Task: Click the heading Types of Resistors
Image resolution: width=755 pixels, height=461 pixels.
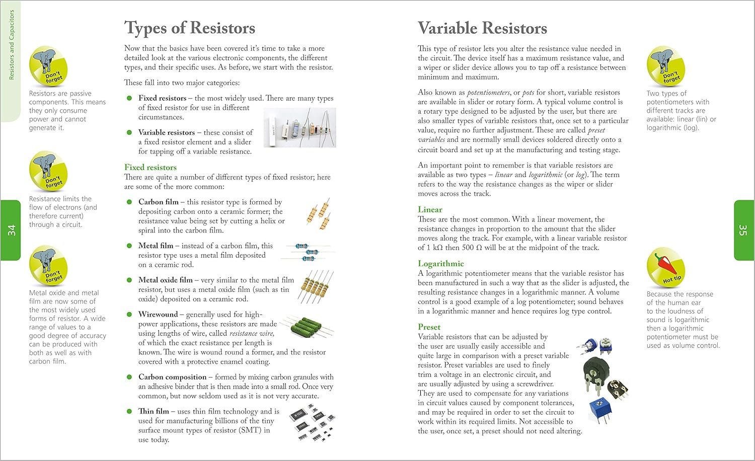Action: [190, 28]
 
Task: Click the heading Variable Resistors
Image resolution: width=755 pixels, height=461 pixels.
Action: [482, 28]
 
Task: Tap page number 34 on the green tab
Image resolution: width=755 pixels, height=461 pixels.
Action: [12, 230]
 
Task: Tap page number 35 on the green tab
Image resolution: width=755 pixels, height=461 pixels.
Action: [743, 230]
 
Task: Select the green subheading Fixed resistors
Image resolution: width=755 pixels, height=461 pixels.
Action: [150, 167]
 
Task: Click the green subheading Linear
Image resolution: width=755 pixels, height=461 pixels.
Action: [430, 209]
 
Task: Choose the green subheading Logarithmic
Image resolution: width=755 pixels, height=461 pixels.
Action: [441, 263]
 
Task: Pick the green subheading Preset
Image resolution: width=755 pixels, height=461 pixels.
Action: [429, 327]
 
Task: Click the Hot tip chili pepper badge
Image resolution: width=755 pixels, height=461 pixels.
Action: [665, 267]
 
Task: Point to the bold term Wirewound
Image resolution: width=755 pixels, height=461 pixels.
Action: [158, 314]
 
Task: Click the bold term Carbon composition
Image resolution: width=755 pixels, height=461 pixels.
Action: [172, 376]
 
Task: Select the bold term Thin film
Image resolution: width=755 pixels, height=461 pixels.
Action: [154, 411]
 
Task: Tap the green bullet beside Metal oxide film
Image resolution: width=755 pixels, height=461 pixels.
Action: [129, 280]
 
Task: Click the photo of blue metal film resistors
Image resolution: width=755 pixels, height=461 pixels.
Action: [308, 252]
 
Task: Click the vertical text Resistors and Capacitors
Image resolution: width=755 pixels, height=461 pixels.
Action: [12, 45]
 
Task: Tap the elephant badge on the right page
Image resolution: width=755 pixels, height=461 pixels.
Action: [665, 66]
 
